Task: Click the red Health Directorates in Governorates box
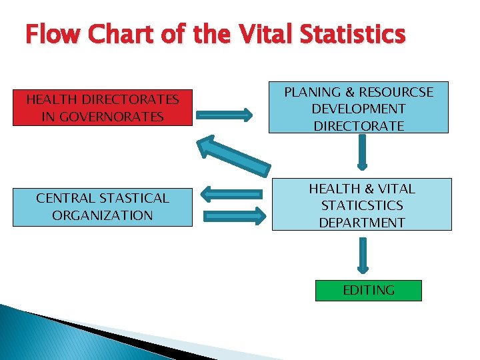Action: coord(103,107)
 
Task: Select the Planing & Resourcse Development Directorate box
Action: coord(359,108)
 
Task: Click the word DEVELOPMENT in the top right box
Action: coord(359,108)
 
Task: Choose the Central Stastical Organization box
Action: coord(103,206)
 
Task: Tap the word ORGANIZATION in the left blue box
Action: coord(103,215)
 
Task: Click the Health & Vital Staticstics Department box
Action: coord(361,205)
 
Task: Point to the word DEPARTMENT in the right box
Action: coord(361,223)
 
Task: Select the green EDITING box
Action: coord(368,290)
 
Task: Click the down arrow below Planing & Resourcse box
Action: coord(362,153)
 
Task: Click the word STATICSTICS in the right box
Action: coord(361,206)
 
